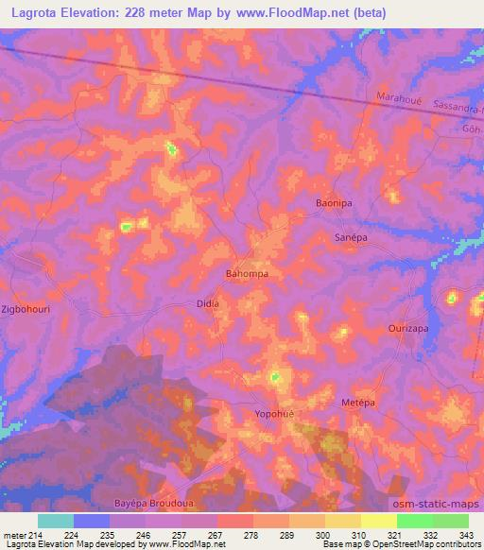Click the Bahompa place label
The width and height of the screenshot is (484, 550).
tap(247, 274)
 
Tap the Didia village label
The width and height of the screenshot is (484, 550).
tap(207, 303)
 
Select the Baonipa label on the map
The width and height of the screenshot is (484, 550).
tap(333, 203)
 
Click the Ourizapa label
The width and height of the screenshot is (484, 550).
tap(408, 328)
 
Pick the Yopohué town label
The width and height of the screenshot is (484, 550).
tap(277, 413)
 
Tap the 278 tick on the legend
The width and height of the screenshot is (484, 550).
tap(251, 534)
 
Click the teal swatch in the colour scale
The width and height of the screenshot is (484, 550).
tap(55, 521)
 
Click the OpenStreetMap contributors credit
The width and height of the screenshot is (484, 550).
tap(423, 544)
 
